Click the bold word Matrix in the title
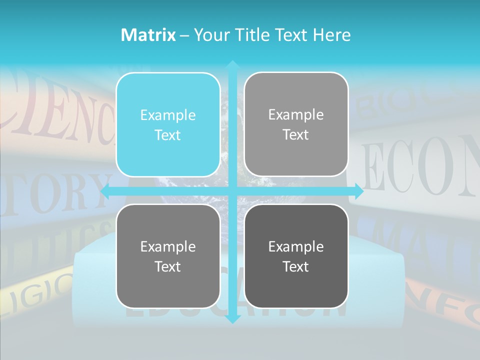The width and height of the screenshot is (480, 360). tap(148, 35)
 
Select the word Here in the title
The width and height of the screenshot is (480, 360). tap(331, 35)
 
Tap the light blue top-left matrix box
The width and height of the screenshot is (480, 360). tap(168, 124)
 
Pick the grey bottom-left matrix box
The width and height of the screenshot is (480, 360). tap(168, 256)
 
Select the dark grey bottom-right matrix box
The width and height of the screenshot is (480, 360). tap(296, 256)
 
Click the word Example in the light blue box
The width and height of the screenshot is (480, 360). tap(168, 115)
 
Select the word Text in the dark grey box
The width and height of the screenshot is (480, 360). tap(296, 266)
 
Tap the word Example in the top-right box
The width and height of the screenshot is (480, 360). tap(296, 115)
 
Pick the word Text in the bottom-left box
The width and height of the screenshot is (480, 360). tap(168, 266)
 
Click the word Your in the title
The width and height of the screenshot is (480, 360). tap(210, 35)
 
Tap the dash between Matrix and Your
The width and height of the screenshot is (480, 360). tap(184, 35)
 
